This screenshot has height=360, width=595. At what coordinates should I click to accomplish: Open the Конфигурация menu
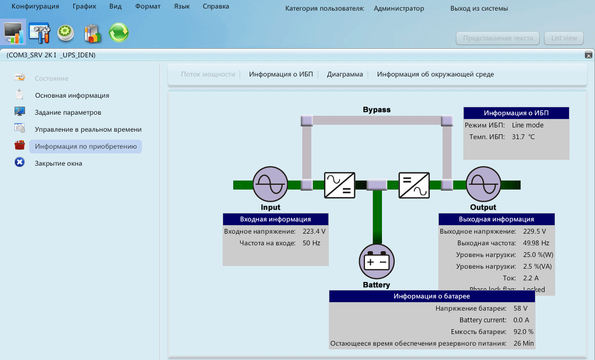coord(35,7)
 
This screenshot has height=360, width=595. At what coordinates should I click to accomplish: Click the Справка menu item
coord(216,7)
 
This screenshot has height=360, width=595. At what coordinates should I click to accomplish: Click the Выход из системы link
coord(479,8)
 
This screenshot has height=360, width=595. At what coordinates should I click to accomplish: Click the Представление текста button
coord(498,38)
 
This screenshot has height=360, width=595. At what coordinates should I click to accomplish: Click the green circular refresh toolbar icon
coord(118,33)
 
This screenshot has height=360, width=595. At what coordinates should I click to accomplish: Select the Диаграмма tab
coord(345,74)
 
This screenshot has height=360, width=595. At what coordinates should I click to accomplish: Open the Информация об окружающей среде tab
coord(435,74)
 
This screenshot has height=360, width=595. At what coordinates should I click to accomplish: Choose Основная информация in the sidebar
coord(72,96)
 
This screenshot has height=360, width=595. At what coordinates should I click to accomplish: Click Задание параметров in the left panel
coord(68,113)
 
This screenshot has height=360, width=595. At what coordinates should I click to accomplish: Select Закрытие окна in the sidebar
coord(58,164)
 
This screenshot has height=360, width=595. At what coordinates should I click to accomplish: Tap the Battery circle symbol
coord(377,261)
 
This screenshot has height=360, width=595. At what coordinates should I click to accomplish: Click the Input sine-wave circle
coord(270,184)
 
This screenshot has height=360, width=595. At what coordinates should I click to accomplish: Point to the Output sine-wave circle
coord(483,184)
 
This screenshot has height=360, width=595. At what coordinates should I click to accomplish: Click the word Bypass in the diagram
coord(377,110)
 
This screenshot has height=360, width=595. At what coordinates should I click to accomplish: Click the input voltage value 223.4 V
coord(314,232)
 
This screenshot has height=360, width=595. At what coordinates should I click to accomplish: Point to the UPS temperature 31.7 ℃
coord(523,137)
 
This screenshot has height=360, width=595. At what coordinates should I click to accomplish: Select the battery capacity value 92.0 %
coord(523,332)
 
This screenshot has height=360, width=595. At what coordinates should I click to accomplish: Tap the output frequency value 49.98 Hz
coord(535,243)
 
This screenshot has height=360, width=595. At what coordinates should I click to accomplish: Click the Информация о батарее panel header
coord(431,296)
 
